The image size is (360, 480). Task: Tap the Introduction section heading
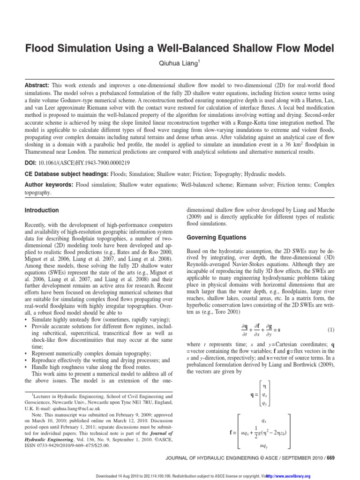coord(42,210)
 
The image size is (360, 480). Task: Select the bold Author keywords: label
coord(49,185)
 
